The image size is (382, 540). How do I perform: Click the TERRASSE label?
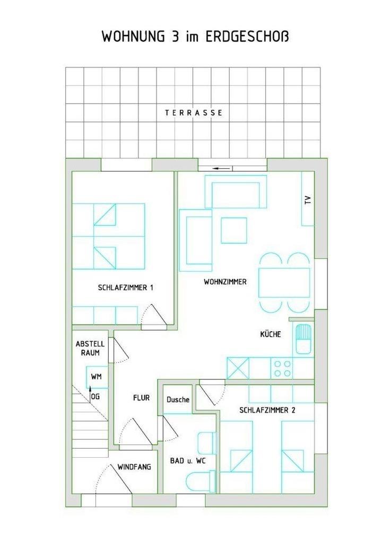[x=194, y=112]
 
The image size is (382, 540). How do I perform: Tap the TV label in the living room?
[x=308, y=200]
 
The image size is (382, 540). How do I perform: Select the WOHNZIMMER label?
[x=225, y=282]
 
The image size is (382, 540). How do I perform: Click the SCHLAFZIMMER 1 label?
[x=125, y=287]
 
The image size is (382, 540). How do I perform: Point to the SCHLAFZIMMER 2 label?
[x=267, y=410]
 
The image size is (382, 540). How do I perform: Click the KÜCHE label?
[x=271, y=334]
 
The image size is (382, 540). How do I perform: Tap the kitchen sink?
[x=303, y=339]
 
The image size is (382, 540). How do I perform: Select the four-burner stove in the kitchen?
[x=282, y=368]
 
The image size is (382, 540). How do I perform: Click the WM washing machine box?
[x=97, y=377]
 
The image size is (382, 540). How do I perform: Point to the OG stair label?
[x=95, y=397]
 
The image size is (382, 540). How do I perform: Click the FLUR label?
[x=141, y=398]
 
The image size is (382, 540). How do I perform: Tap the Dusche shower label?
[x=178, y=399]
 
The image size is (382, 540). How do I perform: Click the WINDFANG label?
[x=134, y=467]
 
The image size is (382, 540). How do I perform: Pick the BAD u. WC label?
[x=188, y=460]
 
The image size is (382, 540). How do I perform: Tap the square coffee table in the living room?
[x=234, y=230]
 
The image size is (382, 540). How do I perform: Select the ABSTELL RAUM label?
[x=90, y=348]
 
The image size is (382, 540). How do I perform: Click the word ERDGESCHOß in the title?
[x=247, y=37]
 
